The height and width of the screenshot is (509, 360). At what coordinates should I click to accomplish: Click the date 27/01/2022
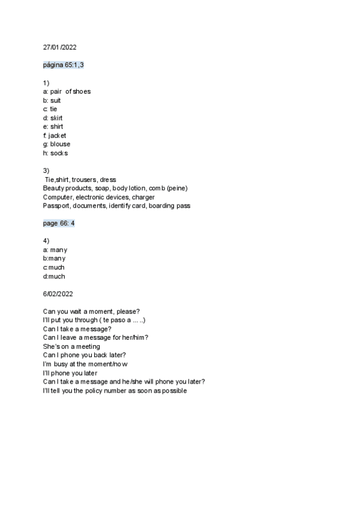(59, 47)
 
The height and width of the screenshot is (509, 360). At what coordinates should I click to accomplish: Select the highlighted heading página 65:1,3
(64, 65)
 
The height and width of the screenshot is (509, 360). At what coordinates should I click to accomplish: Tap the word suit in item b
(55, 100)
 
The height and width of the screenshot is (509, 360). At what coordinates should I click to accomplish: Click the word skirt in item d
(56, 118)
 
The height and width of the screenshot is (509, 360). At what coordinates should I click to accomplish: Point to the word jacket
(57, 136)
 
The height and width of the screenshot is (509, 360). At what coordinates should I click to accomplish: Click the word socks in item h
(59, 153)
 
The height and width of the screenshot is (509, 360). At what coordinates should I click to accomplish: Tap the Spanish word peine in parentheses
(176, 188)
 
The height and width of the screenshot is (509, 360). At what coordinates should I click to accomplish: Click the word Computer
(58, 197)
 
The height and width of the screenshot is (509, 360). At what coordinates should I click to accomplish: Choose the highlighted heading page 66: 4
(59, 223)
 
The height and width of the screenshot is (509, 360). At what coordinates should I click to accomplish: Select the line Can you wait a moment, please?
(92, 311)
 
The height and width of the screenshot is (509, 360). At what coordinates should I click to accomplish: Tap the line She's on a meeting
(71, 346)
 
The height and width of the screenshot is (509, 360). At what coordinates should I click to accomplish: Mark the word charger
(143, 197)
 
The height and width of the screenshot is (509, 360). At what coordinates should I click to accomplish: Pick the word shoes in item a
(82, 91)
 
